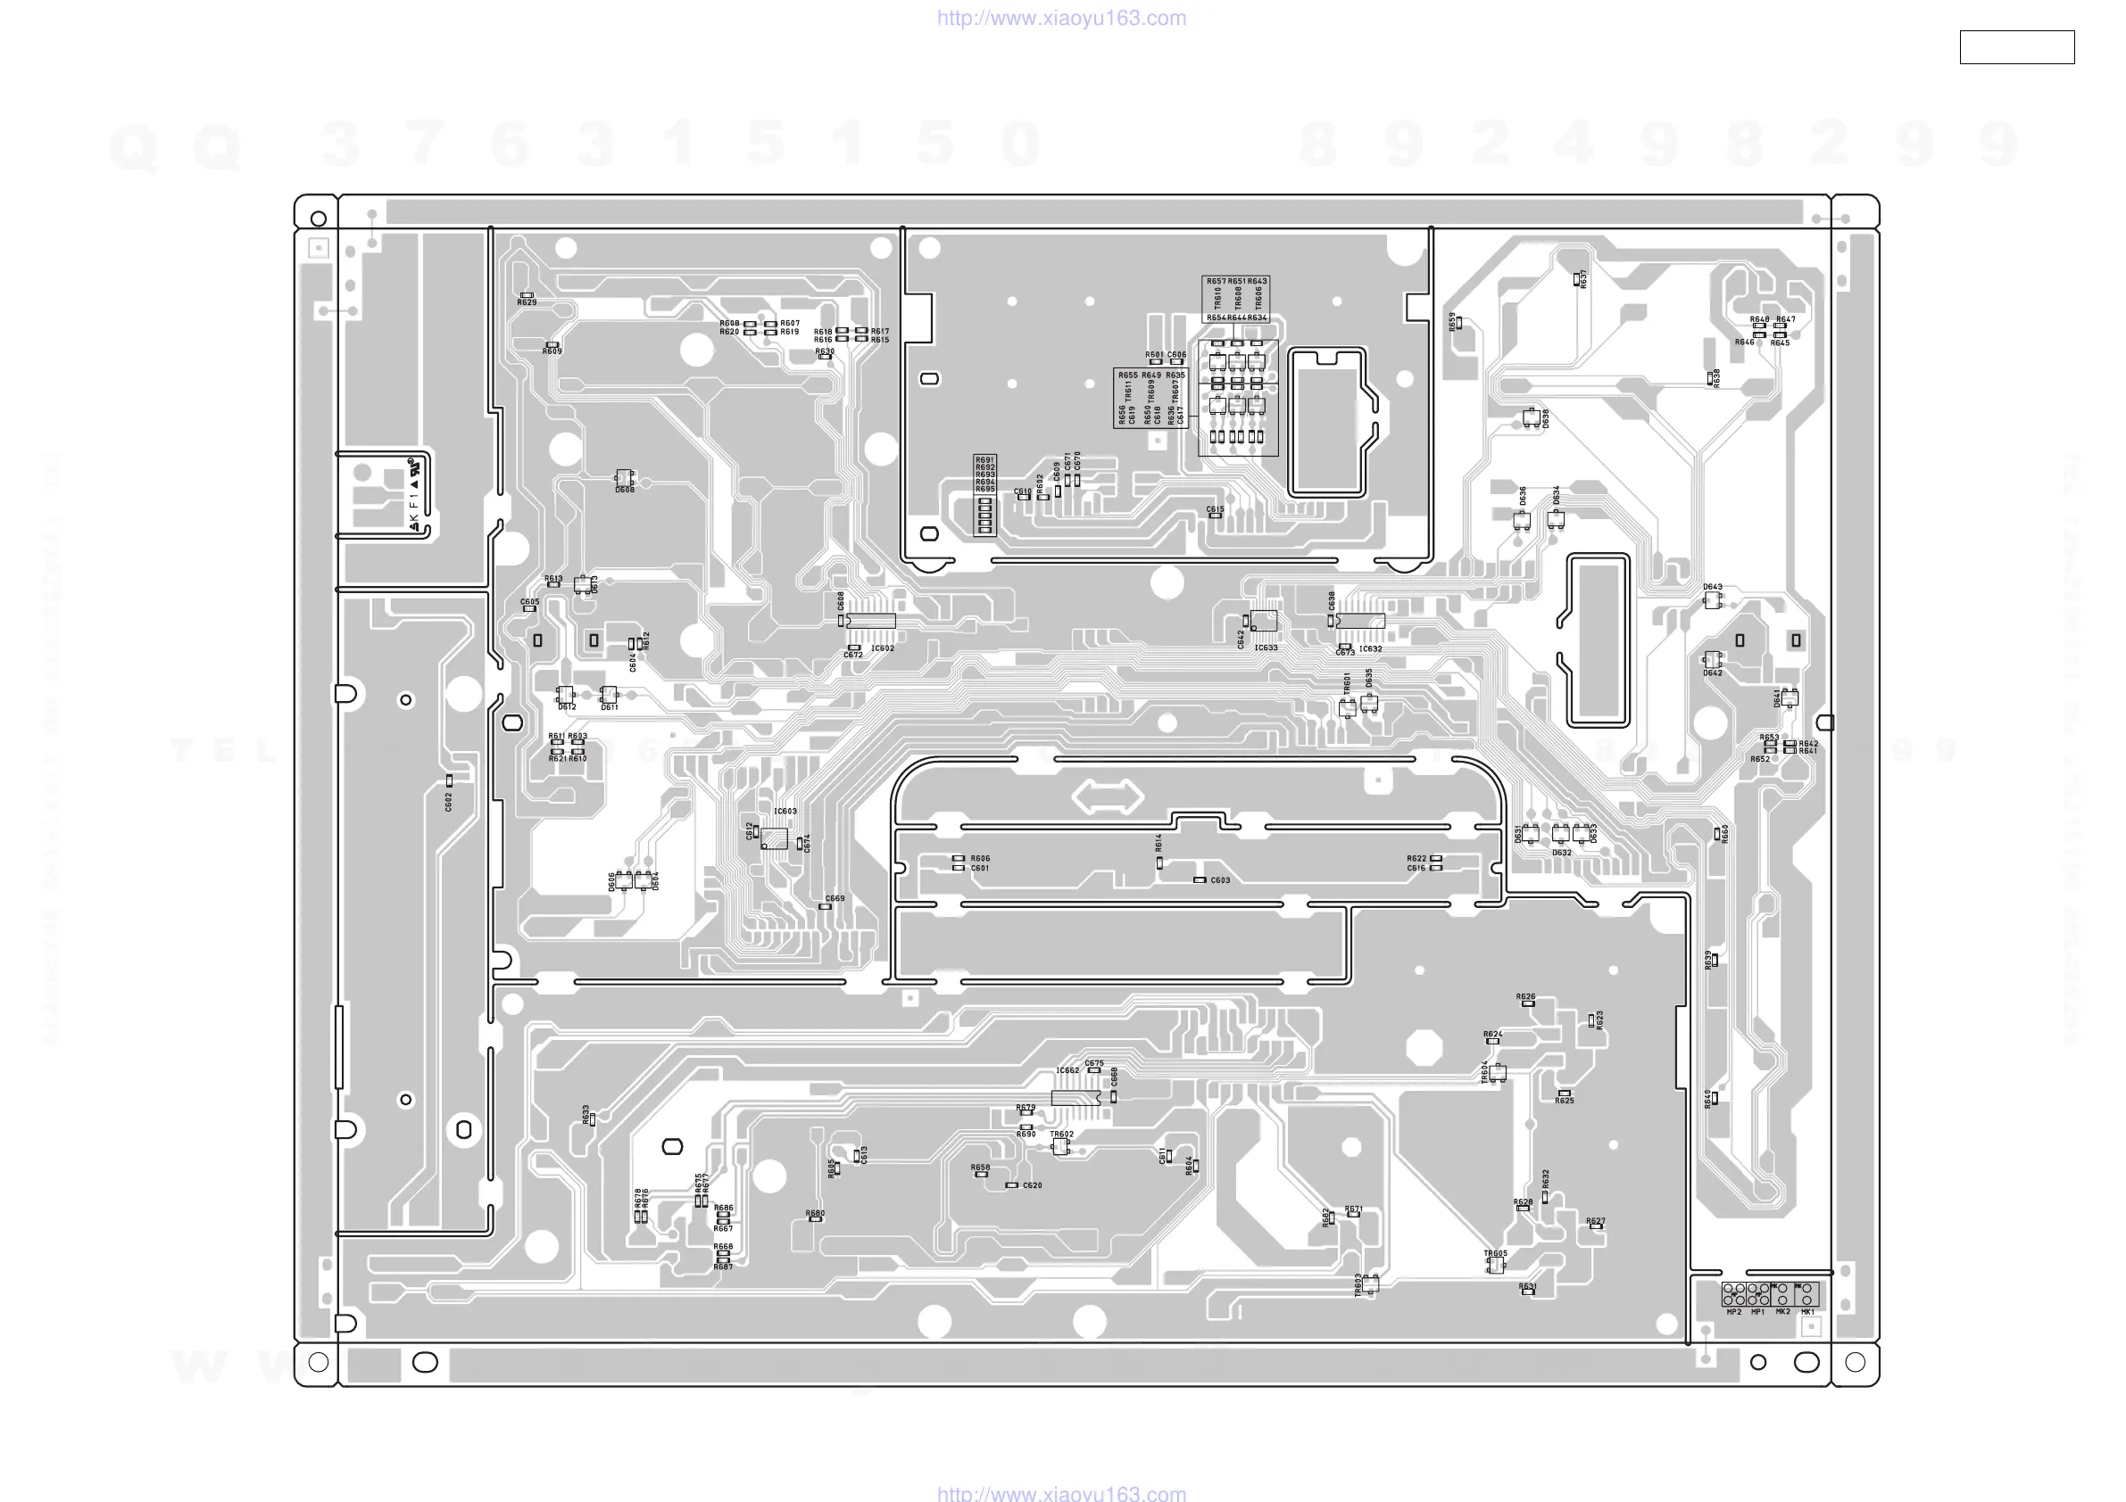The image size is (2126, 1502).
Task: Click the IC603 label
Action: coord(785,812)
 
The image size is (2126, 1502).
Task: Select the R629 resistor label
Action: coord(527,302)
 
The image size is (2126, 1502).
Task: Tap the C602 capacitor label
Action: coord(448,802)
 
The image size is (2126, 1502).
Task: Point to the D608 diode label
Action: coord(625,490)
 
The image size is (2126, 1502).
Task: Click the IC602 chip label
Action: coord(883,648)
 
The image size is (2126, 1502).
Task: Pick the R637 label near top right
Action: coord(1584,278)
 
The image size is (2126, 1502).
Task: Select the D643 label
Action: coord(1713,587)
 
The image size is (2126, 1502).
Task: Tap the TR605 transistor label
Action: coord(1495,1253)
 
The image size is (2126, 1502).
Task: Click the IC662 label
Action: coord(1067,1070)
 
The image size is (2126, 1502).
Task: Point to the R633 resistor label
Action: coord(586,1114)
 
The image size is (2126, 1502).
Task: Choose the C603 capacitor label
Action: coord(1220,880)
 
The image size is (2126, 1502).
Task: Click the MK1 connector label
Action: coord(1807,1312)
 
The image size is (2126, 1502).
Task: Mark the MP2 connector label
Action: coord(1734,1312)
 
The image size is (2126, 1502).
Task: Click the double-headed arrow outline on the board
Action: coord(1108,796)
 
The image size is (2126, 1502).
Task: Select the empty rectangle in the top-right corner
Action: coord(2017,47)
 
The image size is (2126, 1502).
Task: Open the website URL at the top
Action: coord(1061,18)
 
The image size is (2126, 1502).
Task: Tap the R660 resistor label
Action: coord(1725,834)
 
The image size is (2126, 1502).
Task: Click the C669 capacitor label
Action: coord(835,898)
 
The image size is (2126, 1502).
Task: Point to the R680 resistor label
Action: coord(815,1213)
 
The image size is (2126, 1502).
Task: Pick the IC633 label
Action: coord(1266,648)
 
